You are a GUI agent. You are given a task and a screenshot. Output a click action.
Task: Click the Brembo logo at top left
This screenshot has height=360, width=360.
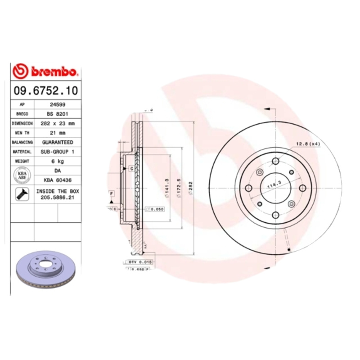point(45,71)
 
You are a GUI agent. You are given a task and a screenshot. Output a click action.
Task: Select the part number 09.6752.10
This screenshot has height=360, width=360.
point(45,90)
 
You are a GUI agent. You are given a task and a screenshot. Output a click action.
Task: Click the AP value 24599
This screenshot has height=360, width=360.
point(57,104)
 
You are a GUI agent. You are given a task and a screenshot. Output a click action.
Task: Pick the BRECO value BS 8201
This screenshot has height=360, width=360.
point(57,114)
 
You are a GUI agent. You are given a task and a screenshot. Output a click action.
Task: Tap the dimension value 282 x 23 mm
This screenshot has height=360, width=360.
point(57,123)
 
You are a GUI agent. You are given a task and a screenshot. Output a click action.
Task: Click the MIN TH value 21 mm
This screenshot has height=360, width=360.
point(57,133)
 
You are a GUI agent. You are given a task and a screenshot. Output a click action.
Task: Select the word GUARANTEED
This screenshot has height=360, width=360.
point(57,142)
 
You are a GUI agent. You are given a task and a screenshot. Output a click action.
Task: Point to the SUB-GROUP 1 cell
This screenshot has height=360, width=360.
point(57,152)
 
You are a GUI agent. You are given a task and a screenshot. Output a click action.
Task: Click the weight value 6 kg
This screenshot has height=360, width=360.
point(57,161)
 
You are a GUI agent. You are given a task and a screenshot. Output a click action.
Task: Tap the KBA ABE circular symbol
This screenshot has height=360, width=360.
point(22,175)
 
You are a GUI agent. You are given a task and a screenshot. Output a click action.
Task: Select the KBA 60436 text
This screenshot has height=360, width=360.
point(57,180)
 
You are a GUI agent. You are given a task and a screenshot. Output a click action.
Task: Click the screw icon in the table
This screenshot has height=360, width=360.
point(22,194)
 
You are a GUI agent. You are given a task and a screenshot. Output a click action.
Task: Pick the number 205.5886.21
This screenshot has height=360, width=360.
point(57,197)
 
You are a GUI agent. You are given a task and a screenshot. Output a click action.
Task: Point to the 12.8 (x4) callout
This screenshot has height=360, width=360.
point(308,144)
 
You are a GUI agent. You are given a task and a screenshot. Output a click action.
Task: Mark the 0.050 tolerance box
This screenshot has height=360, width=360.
point(155,209)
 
